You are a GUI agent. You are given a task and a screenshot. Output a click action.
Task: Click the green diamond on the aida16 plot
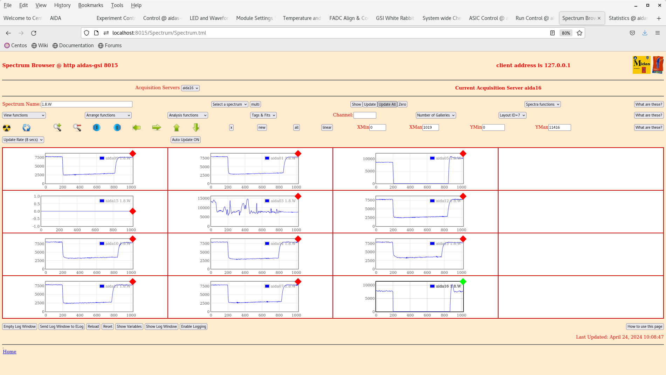463,282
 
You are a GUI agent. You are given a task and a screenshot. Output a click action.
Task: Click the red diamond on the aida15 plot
133,211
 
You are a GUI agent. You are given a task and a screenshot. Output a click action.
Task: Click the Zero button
402,104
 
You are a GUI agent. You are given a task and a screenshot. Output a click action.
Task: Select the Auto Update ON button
186,140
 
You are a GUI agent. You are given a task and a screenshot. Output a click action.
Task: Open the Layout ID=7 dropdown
512,115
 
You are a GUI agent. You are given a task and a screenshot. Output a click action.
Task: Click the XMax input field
430,127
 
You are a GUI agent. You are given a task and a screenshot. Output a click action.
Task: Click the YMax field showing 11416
559,127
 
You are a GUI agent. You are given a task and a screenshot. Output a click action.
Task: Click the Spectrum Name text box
87,104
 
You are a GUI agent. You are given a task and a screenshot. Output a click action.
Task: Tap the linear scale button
327,127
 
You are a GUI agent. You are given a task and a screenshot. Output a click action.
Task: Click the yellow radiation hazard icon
7,128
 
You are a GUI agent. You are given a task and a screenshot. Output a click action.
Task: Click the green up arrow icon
177,128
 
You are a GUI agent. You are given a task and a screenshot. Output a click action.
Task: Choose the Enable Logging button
193,326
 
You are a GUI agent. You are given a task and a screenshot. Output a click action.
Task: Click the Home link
9,352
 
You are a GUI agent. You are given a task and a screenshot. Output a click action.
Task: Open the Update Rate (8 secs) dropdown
23,140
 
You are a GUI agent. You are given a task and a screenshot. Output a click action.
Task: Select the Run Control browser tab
534,18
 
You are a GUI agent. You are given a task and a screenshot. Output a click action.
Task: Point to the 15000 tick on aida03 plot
204,198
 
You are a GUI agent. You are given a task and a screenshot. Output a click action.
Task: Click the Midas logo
641,65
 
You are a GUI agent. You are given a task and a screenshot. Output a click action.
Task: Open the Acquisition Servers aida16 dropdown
190,88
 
